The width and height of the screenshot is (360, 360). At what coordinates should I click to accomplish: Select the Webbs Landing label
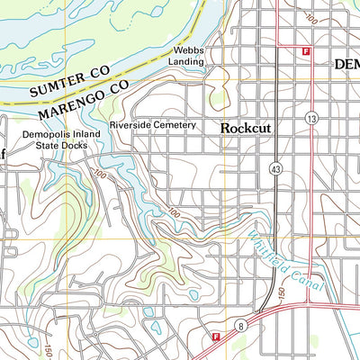(x=190, y=58)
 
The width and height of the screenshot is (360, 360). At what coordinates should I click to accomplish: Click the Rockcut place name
(x=246, y=129)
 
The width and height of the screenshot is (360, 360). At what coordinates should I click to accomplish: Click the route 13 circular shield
(x=311, y=119)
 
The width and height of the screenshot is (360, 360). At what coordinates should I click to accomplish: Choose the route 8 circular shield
(x=241, y=323)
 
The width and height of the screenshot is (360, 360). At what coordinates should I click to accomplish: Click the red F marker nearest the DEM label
(x=306, y=51)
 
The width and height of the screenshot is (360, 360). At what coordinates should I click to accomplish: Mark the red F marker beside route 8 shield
(x=216, y=337)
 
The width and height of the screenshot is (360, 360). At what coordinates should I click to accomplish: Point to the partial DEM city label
(x=346, y=65)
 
